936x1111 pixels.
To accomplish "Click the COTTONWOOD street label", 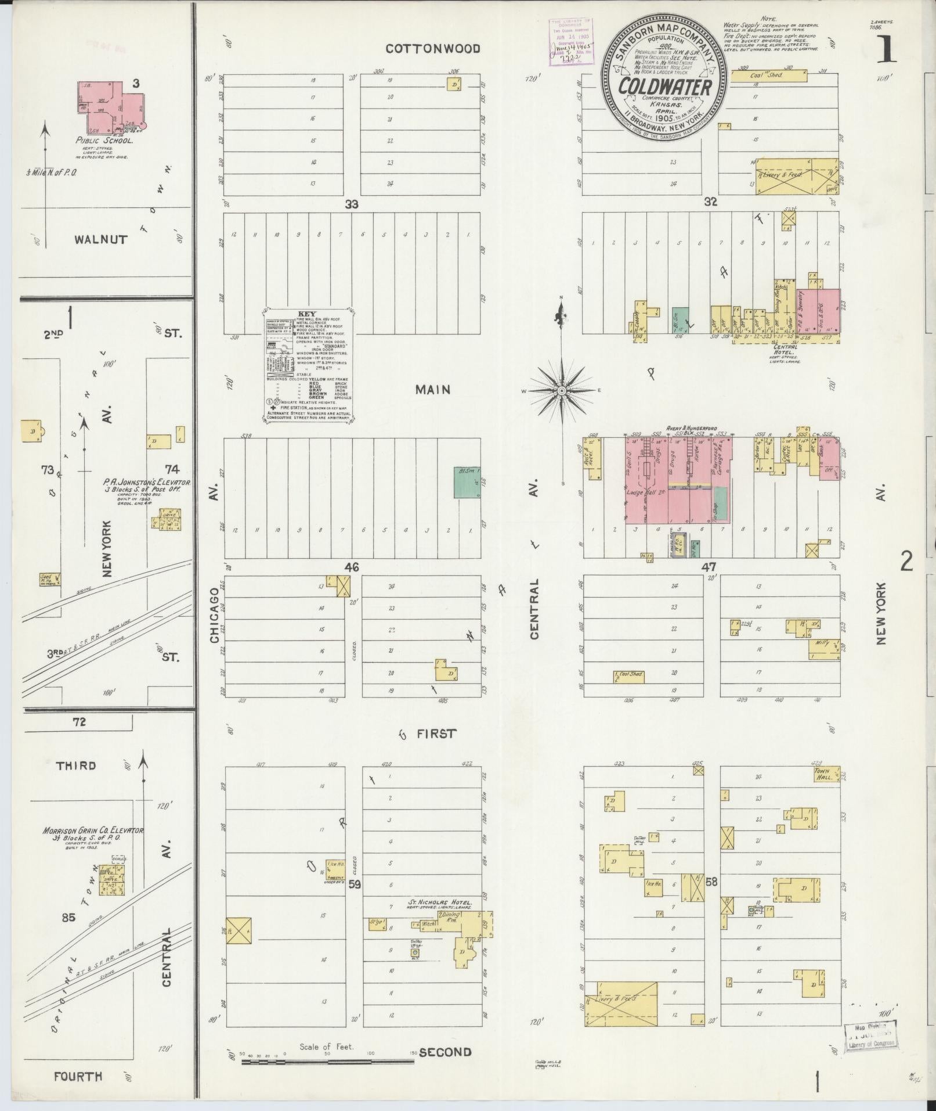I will (x=433, y=49).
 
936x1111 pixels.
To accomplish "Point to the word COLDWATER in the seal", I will (x=664, y=88).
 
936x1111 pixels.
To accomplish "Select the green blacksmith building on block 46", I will (x=467, y=483).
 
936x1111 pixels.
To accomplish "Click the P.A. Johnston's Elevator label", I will (x=147, y=486).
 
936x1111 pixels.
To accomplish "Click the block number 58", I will (x=711, y=898).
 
